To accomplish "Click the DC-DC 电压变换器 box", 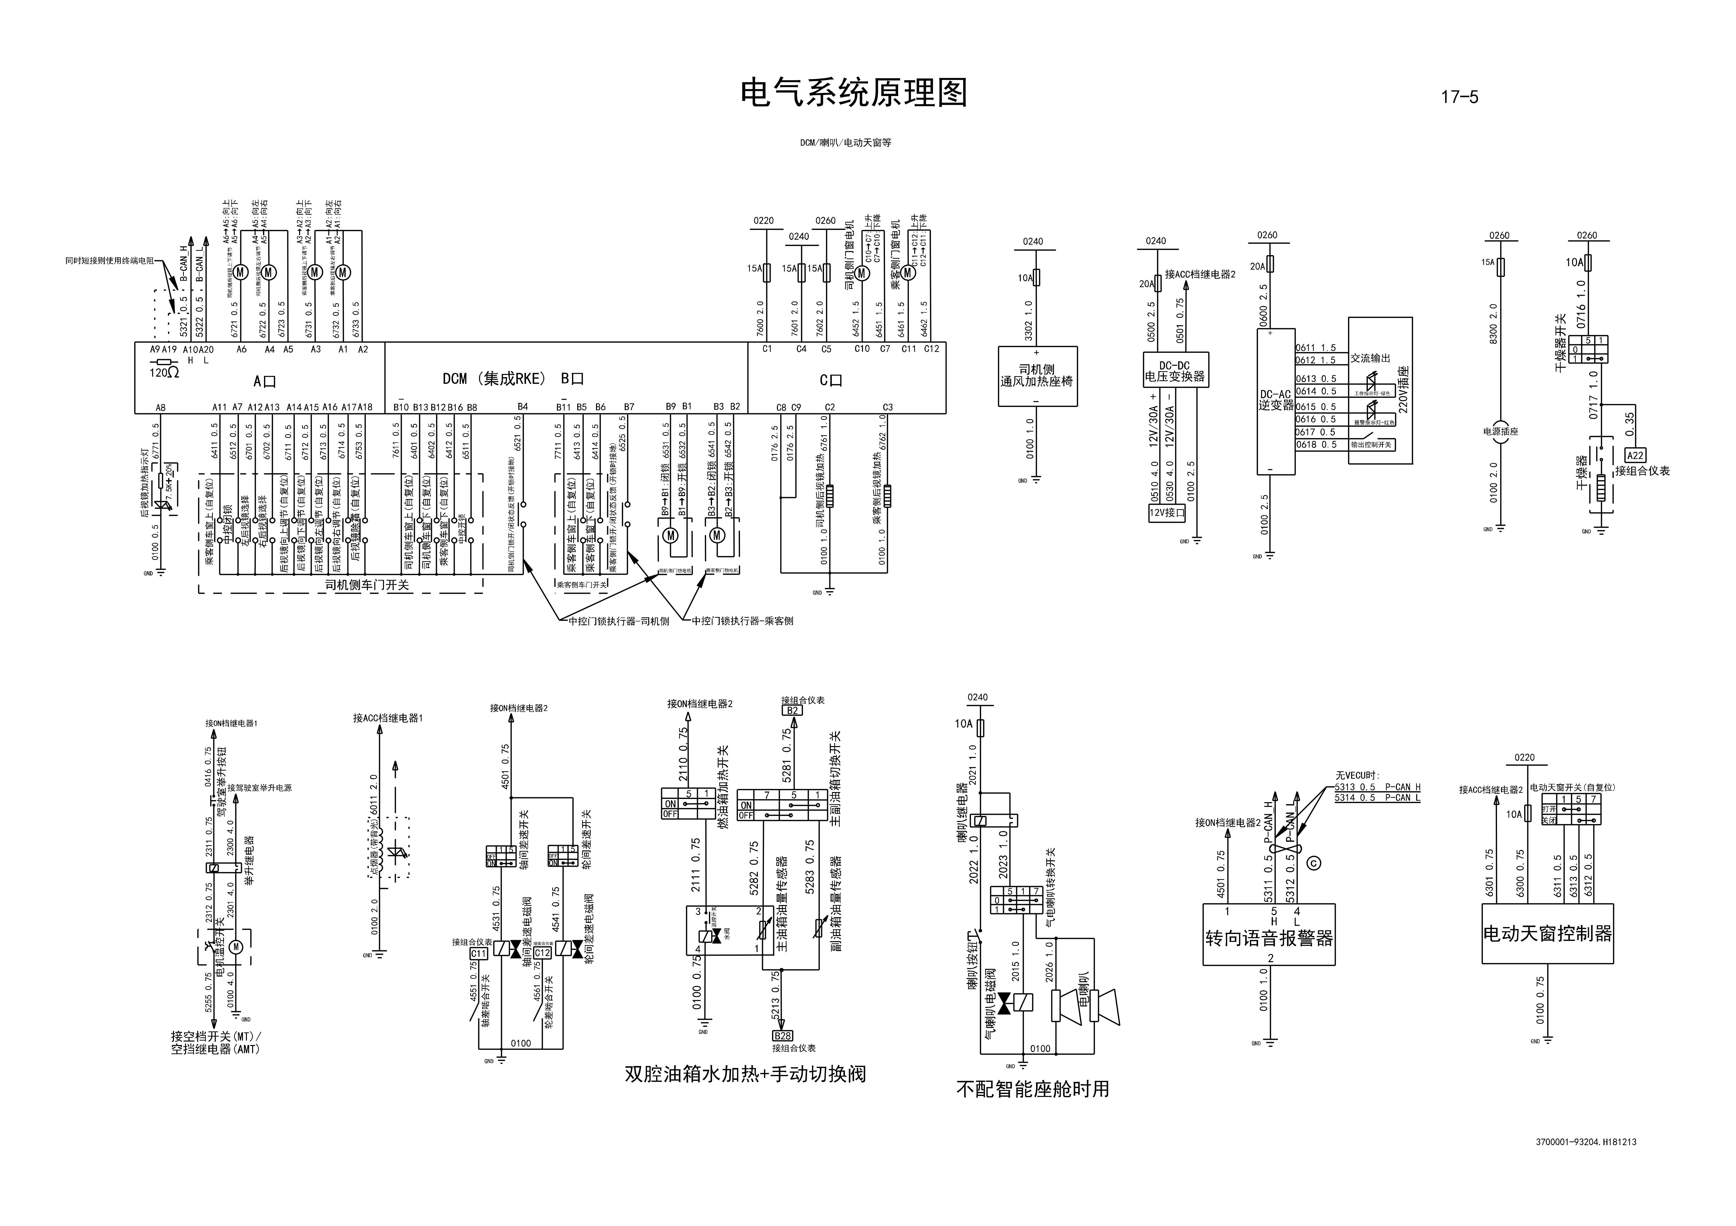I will click(x=1175, y=370).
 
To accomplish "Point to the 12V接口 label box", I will click(x=1167, y=512).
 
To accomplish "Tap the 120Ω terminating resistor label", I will click(x=163, y=373).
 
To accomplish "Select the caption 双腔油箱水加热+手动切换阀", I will click(x=745, y=1074).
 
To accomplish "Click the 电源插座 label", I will click(x=1500, y=431).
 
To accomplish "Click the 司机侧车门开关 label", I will click(x=367, y=585).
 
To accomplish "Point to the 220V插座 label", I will click(x=1403, y=389).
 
